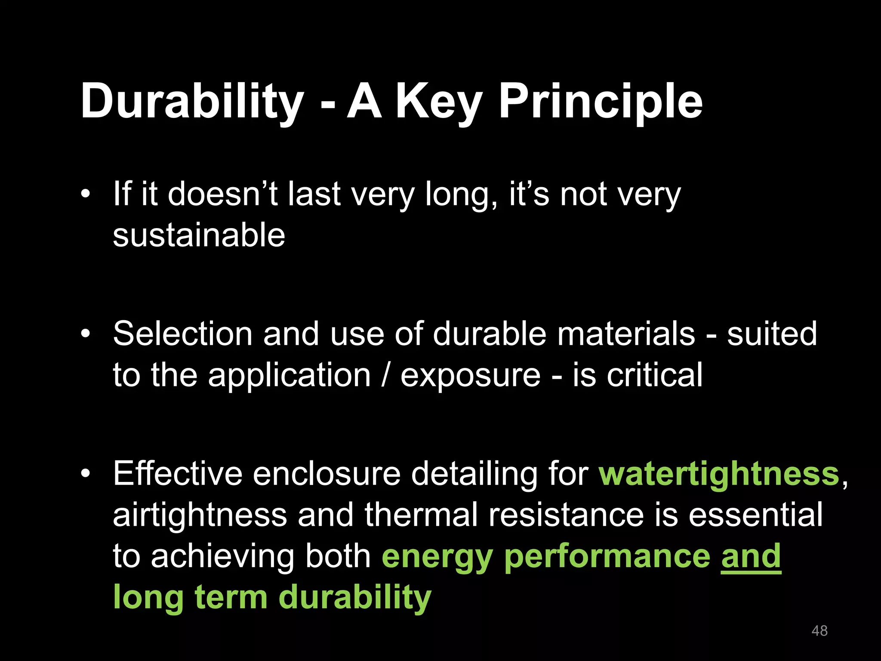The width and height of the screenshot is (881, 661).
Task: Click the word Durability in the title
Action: click(192, 102)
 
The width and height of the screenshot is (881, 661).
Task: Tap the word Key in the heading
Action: click(439, 102)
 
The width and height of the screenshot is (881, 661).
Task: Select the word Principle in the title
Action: click(601, 102)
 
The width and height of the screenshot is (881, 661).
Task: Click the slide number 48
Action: click(819, 631)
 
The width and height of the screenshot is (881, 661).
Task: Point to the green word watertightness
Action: click(719, 474)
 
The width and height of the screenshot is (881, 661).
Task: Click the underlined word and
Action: click(751, 556)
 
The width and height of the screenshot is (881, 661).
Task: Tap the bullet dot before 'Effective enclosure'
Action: click(86, 473)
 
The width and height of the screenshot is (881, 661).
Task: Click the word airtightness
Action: click(200, 515)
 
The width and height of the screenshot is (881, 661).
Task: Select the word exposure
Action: click(470, 376)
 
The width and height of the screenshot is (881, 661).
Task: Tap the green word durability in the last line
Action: click(355, 598)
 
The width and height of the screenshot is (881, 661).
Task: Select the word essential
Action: click(755, 515)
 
